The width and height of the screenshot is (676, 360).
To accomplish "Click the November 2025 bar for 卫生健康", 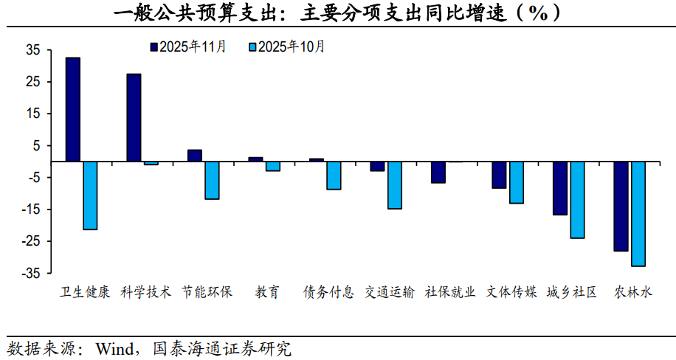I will click(73, 109).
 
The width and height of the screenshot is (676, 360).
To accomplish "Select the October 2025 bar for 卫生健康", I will click(90, 195).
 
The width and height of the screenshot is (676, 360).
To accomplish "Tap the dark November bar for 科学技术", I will click(134, 117).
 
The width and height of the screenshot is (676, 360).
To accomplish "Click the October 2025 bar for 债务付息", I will click(334, 176).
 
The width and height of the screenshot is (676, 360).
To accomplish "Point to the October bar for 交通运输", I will click(395, 185).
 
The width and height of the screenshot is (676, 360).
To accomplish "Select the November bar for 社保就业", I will click(438, 172).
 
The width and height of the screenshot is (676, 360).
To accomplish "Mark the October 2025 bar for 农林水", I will click(638, 213).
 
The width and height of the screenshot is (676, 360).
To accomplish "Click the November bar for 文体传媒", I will click(500, 175).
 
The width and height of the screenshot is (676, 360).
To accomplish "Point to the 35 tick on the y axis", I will click(33, 50).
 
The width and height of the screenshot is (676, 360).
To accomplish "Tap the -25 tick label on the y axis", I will click(31, 241).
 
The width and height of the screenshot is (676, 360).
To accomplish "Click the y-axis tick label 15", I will click(33, 114).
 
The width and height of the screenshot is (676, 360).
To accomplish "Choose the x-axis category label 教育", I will click(267, 292).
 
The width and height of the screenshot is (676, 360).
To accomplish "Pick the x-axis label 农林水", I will click(633, 292).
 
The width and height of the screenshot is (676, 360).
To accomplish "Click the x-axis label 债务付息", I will click(328, 292).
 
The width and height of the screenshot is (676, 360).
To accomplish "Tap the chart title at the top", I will click(337, 13).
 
